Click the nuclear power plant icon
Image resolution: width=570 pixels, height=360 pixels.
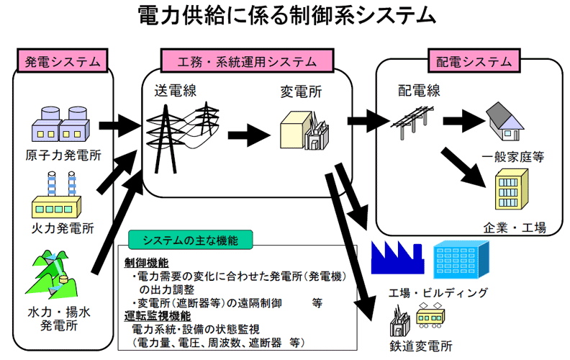(58, 124)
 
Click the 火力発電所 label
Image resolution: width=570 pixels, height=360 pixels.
(60, 229)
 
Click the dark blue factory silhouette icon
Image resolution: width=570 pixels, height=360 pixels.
(395, 253)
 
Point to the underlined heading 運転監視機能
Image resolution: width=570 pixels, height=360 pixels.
(158, 315)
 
